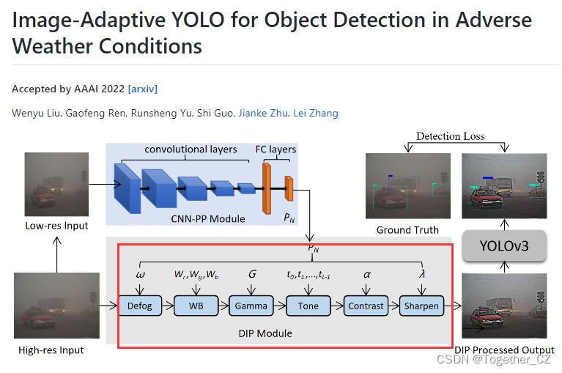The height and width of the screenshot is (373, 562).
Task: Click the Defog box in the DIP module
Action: tap(140, 306)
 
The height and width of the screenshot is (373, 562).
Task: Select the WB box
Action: tap(196, 306)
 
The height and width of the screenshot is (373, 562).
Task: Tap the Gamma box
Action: tap(251, 306)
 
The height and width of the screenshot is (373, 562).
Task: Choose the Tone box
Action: tap(308, 306)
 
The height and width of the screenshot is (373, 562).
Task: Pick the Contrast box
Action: tap(366, 306)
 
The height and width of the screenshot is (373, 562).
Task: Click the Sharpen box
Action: tap(421, 306)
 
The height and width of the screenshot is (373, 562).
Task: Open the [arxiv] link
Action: tap(142, 89)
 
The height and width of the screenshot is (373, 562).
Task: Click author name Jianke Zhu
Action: tap(262, 113)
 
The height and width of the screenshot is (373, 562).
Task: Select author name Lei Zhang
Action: tap(316, 113)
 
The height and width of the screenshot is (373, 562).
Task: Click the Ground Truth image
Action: tap(408, 185)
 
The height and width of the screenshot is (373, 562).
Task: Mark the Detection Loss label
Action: tap(450, 136)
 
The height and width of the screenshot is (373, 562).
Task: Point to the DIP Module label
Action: tap(265, 333)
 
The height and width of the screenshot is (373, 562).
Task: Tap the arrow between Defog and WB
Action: tap(167, 306)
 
